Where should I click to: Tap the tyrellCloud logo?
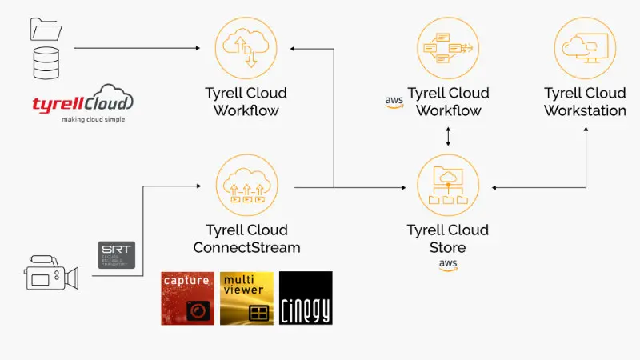click(83, 102)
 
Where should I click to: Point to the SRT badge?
click(116, 255)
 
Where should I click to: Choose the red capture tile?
click(187, 298)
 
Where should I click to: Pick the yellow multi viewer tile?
click(246, 298)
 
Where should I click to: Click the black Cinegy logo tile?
click(306, 298)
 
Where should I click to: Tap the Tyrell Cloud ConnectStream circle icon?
click(246, 186)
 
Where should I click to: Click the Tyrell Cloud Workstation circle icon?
click(585, 48)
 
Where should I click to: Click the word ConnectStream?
click(246, 247)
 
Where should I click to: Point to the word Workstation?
click(585, 110)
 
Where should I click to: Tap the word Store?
click(447, 247)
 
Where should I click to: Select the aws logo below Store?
click(447, 265)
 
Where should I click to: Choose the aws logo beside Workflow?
click(394, 102)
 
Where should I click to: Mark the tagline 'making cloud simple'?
click(83, 118)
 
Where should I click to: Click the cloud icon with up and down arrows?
click(246, 48)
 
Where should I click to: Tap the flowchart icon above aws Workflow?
click(447, 48)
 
